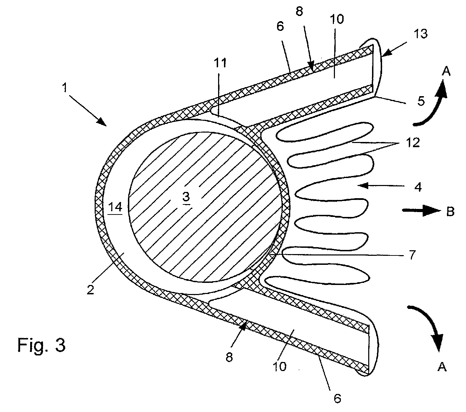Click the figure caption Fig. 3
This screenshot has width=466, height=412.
pyautogui.click(x=41, y=345)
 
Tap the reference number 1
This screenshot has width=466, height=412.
pyautogui.click(x=65, y=88)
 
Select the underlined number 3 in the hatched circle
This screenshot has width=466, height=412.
pyautogui.click(x=186, y=197)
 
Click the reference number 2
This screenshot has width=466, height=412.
pyautogui.click(x=90, y=289)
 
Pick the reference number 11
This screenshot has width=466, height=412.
pyautogui.click(x=220, y=62)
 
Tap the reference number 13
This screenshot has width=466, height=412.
pyautogui.click(x=421, y=34)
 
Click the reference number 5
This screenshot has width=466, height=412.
pyautogui.click(x=421, y=101)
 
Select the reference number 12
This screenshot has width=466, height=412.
pyautogui.click(x=413, y=142)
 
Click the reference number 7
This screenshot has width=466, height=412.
pyautogui.click(x=412, y=255)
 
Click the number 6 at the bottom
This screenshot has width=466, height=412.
pyautogui.click(x=337, y=398)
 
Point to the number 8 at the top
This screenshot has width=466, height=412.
pyautogui.click(x=299, y=11)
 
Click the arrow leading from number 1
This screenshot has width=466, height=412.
pyautogui.click(x=88, y=111)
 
